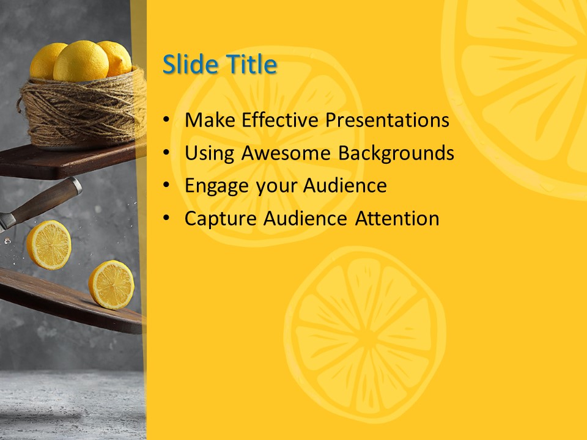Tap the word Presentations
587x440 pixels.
[387, 120]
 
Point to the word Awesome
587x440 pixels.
[287, 153]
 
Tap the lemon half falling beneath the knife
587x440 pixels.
[48, 244]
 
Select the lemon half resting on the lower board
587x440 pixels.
[111, 284]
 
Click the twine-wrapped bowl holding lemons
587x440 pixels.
[83, 113]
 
